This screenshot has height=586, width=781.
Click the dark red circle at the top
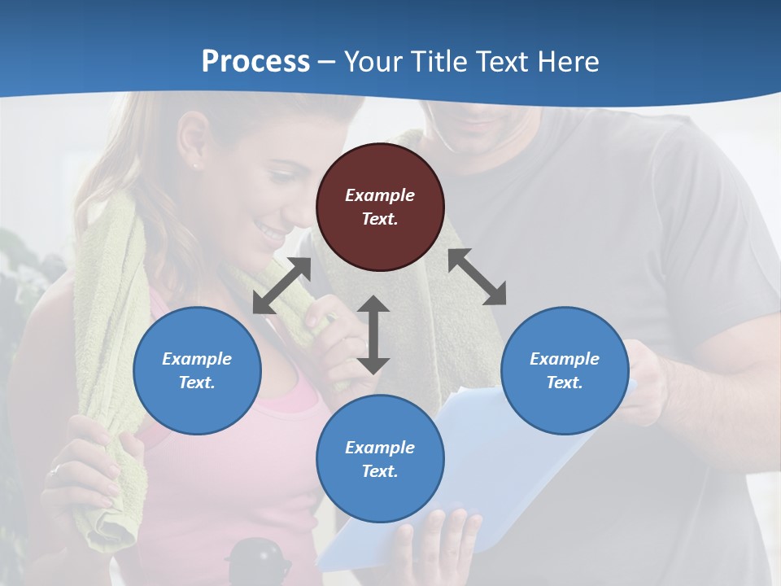coord(380,207)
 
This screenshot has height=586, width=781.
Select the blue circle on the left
coord(197,370)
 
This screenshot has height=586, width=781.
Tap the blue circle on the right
coord(565,370)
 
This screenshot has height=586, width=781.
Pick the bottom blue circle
coord(380,459)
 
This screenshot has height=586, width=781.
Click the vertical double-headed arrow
coord(373,335)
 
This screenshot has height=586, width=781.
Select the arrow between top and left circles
coord(281,286)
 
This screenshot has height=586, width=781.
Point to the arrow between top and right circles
coord(478,277)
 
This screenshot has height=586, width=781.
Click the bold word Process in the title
coord(255,61)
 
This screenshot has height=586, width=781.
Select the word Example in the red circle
coord(380,195)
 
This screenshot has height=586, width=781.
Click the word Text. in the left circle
coord(197,383)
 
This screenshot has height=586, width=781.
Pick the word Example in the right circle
coord(565,359)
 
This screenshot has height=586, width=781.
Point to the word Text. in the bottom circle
coord(380,471)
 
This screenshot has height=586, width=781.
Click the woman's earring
coord(194,165)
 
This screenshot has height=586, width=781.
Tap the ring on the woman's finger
coord(55,470)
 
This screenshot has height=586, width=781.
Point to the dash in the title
coord(327,62)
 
